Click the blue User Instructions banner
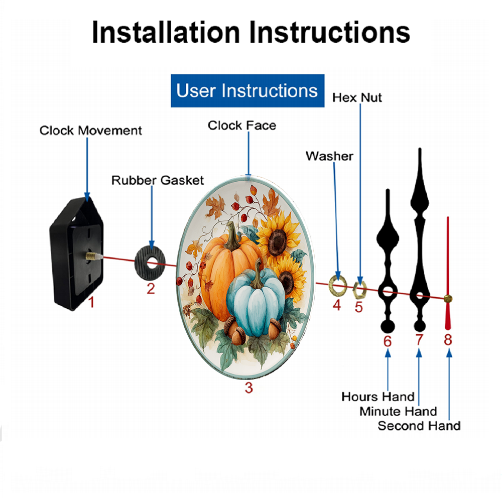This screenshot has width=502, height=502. pyautogui.click(x=247, y=90)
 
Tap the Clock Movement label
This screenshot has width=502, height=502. pyautogui.click(x=90, y=131)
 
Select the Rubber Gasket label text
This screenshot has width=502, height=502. pyautogui.click(x=158, y=181)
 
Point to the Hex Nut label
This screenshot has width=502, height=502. pyautogui.click(x=357, y=98)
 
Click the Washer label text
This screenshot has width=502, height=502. pyautogui.click(x=329, y=156)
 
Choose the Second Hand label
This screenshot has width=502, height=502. pyautogui.click(x=419, y=426)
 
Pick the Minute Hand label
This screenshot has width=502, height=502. pyautogui.click(x=398, y=412)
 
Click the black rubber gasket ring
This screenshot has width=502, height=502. pyautogui.click(x=142, y=263)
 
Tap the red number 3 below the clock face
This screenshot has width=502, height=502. pyautogui.click(x=249, y=388)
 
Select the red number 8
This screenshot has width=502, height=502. pyautogui.click(x=448, y=340)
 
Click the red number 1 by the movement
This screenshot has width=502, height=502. pyautogui.click(x=91, y=302)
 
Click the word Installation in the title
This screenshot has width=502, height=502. pyautogui.click(x=166, y=32)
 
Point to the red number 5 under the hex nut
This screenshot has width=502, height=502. pyautogui.click(x=358, y=307)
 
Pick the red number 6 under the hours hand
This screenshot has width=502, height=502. pyautogui.click(x=388, y=341)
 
